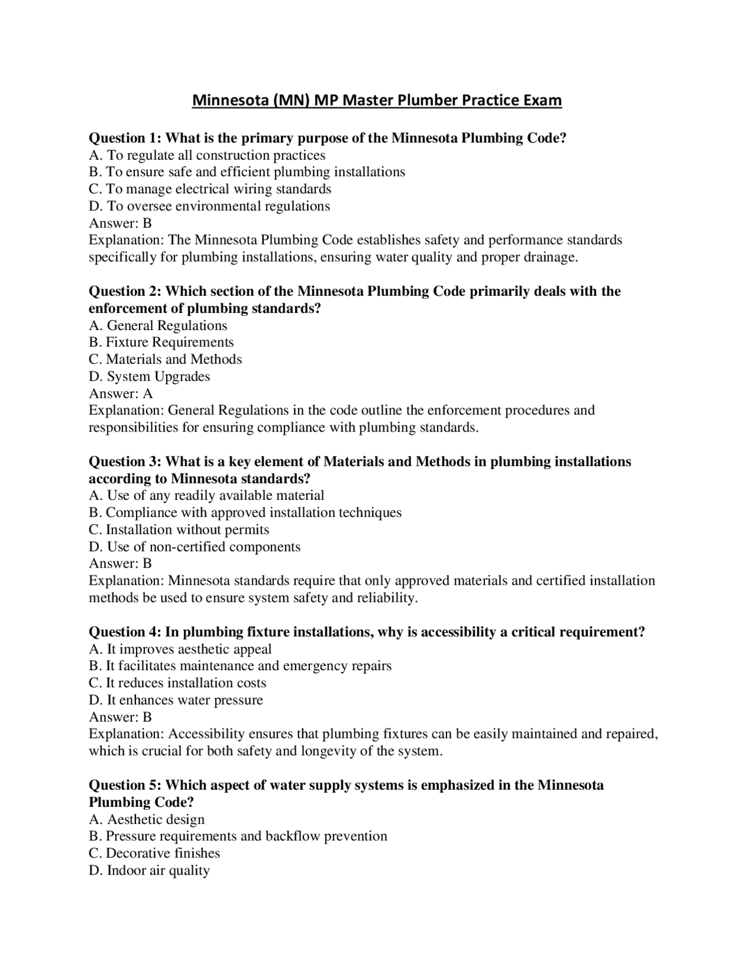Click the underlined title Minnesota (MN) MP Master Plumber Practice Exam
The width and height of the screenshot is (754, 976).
click(x=377, y=100)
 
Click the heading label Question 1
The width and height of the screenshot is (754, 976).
click(x=124, y=138)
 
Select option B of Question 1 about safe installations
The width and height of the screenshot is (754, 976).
click(x=247, y=172)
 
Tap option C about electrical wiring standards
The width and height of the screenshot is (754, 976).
click(x=210, y=189)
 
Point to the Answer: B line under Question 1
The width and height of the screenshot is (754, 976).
click(x=120, y=223)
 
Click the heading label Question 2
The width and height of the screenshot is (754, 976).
click(x=124, y=291)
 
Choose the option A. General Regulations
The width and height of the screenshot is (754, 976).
click(x=158, y=325)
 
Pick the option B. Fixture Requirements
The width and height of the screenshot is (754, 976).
click(x=161, y=342)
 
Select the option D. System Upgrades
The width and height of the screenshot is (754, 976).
click(x=149, y=377)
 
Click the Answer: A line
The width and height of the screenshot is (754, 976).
click(x=120, y=394)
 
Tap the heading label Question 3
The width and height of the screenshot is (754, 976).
click(x=124, y=461)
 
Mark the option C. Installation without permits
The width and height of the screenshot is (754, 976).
click(x=179, y=530)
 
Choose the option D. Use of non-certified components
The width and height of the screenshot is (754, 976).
click(x=194, y=547)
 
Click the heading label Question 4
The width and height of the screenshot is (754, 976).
click(x=124, y=632)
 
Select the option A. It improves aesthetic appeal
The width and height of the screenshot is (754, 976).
click(x=180, y=649)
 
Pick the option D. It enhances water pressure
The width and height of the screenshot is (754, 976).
click(x=176, y=700)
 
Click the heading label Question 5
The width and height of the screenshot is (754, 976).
click(x=124, y=785)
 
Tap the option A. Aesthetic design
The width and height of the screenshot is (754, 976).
click(x=147, y=819)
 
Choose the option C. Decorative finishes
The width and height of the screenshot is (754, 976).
click(x=154, y=853)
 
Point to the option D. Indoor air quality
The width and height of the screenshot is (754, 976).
click(x=149, y=871)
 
